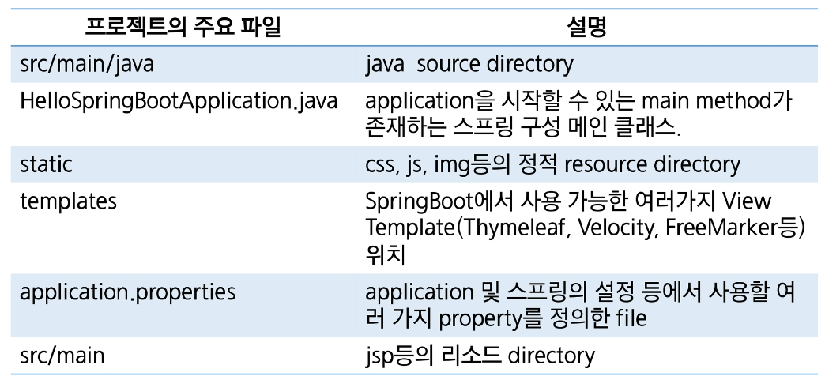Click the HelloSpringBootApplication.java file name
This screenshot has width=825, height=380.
click(179, 101)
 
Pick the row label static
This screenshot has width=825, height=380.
click(46, 164)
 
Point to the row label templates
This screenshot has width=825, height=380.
click(68, 201)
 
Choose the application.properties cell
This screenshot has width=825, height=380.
click(127, 292)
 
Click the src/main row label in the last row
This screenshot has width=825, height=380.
click(62, 356)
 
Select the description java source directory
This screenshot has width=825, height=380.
click(469, 64)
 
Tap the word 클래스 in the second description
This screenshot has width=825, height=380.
click(648, 126)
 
